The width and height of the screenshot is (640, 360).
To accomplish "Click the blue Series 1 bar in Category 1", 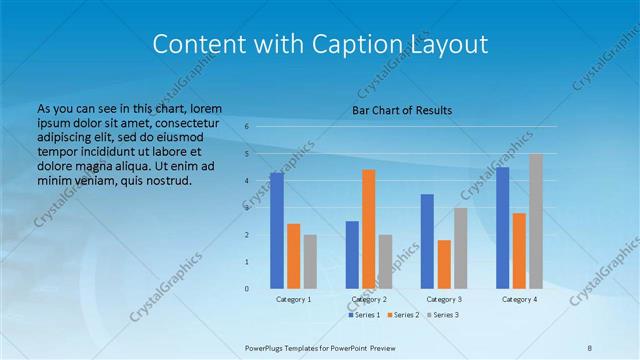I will [276, 231].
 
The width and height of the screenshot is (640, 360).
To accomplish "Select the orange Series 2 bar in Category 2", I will [369, 229].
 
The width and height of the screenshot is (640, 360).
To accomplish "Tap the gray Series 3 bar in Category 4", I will [536, 221].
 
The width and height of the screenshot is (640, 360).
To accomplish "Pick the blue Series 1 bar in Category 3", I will [427, 241].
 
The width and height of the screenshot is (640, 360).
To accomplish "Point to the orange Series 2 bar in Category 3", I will [444, 264].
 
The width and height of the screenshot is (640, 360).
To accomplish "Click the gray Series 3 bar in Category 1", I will [310, 262].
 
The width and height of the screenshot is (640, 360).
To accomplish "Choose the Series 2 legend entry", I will [403, 315].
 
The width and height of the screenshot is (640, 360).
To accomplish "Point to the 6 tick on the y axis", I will [246, 127].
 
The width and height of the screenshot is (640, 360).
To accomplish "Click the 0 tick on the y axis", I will [246, 289].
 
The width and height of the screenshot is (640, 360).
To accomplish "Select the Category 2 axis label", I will [369, 299].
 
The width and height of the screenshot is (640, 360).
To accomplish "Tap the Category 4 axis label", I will [519, 299].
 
